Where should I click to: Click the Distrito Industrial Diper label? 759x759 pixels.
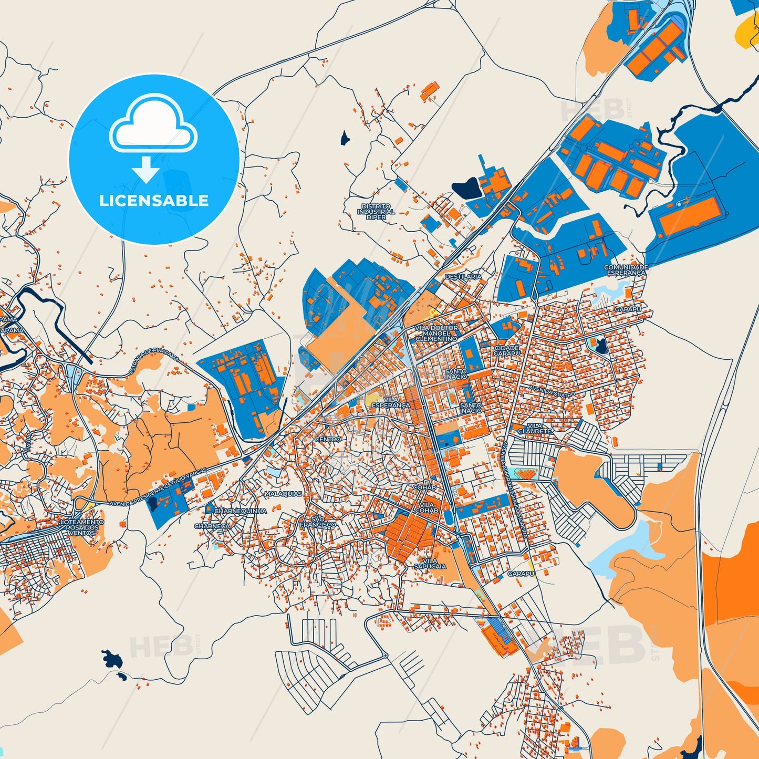pos(376,212)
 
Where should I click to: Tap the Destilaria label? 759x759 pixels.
pos(463,276)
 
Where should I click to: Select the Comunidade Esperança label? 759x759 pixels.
pos(626,270)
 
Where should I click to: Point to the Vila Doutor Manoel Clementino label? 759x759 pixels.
pos(436,333)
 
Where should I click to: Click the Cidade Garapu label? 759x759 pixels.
pos(507,350)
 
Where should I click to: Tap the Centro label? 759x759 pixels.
pos(328,439)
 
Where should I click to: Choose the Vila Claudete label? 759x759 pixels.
pos(535,428)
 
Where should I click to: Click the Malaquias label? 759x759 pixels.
pos(284,494)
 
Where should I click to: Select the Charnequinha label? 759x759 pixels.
pos(240,511)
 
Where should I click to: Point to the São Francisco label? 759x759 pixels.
pos(318,522)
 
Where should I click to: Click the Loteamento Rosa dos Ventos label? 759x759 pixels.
pos(82,527)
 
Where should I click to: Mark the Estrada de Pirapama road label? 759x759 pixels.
pos(155,363)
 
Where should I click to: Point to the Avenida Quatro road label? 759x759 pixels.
pos(552,391)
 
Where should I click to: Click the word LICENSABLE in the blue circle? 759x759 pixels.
pos(154,200)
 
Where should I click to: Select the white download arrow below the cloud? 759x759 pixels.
pos(146,169)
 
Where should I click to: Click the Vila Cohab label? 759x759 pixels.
pos(427,507)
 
